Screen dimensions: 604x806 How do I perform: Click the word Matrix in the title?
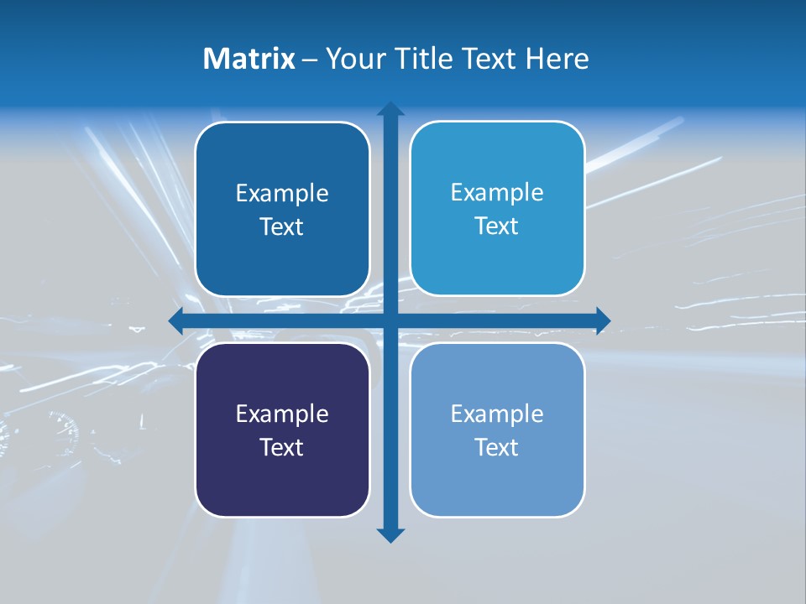click(249, 59)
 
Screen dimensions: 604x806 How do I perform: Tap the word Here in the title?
click(557, 59)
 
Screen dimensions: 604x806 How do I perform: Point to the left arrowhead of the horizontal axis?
click(175, 320)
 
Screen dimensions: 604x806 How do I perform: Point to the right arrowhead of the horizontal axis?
click(603, 320)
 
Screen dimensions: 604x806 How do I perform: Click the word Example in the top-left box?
click(282, 194)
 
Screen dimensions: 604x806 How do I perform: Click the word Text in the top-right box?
click(497, 226)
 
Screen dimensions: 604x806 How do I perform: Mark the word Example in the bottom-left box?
click(282, 414)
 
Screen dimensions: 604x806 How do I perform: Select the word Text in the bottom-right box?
click(497, 447)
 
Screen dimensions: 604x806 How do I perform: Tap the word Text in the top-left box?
click(282, 227)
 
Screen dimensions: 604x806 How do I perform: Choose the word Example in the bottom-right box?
click(497, 414)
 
